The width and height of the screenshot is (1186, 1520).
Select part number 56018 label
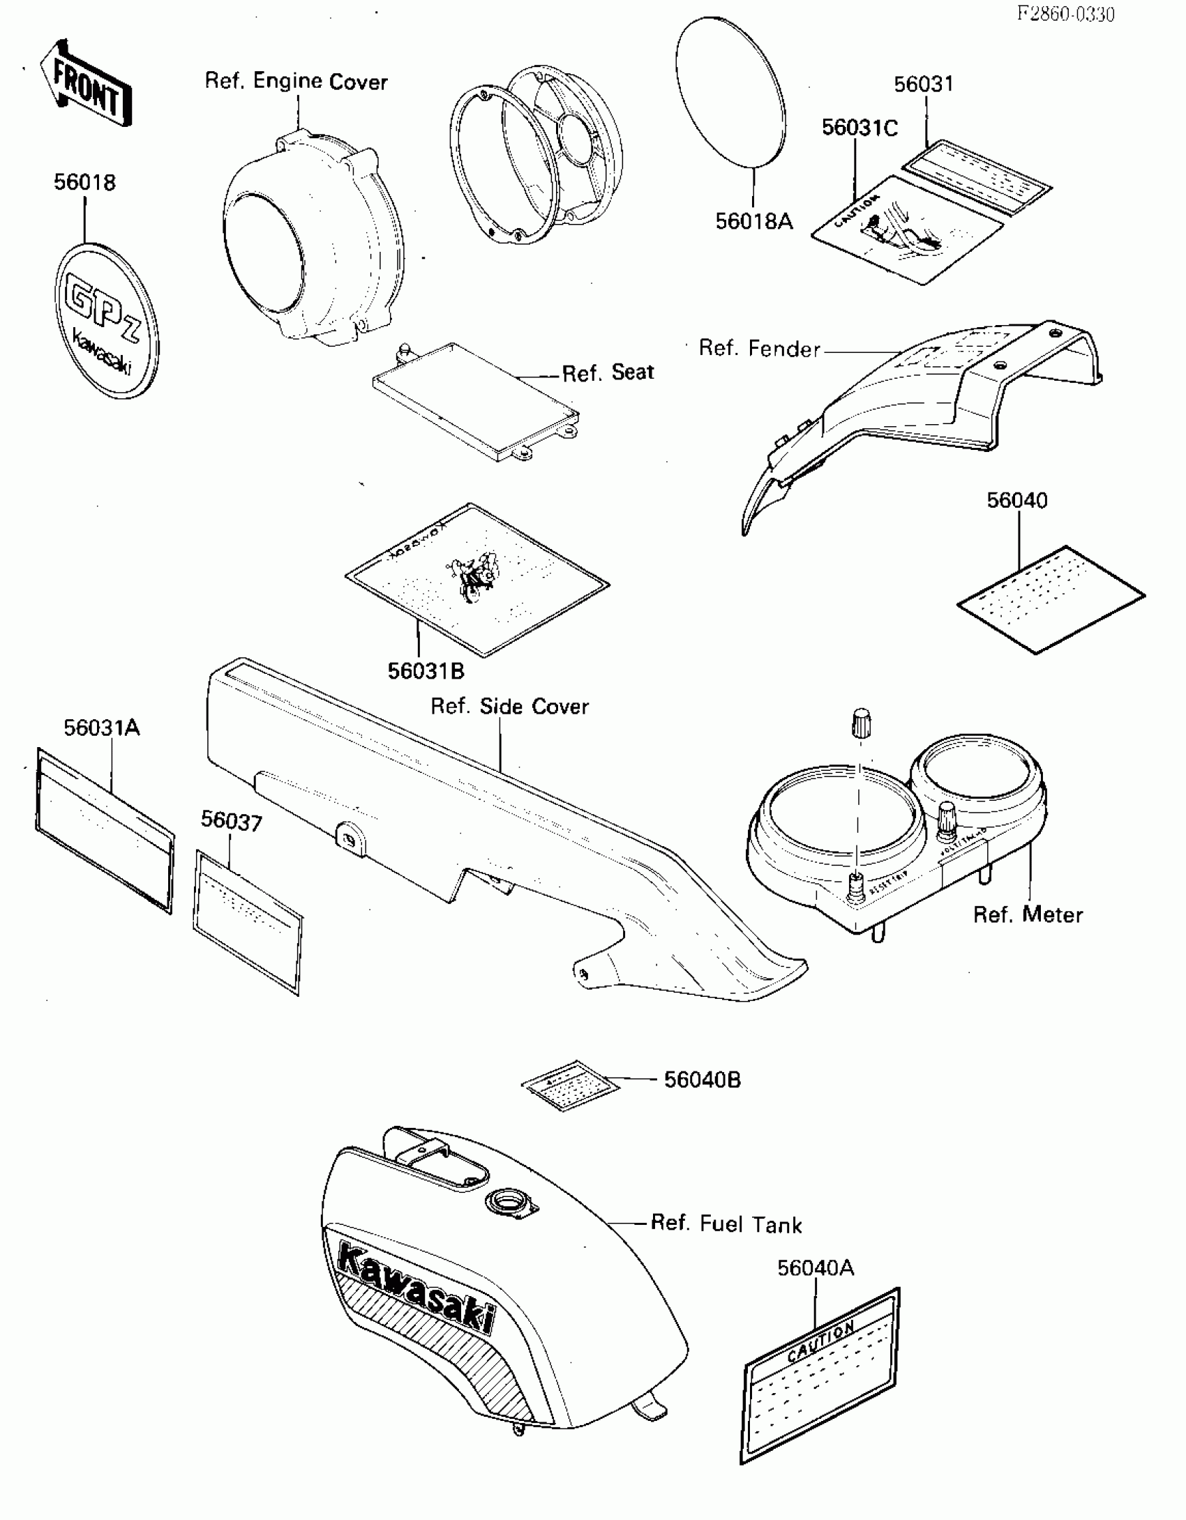[x=84, y=183]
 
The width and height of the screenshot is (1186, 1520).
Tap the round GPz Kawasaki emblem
[x=106, y=321]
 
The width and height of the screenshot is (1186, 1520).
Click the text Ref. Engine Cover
[x=296, y=82]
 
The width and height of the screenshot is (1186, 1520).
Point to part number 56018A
[x=754, y=222]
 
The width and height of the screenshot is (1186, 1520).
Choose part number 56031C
[x=860, y=128]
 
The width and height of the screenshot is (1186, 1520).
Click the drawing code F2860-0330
[x=1065, y=14]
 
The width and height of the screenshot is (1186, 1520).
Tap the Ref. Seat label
[x=608, y=373]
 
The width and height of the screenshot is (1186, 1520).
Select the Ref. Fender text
[x=759, y=349]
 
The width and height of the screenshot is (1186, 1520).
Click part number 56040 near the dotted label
[x=1016, y=501]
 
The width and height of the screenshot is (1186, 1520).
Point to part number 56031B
[x=426, y=671]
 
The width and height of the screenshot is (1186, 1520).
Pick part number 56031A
[x=102, y=728]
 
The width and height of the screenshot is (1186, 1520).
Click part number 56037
[x=232, y=821]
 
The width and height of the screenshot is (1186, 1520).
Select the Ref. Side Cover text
[x=509, y=707]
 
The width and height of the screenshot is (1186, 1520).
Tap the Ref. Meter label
[x=1028, y=915]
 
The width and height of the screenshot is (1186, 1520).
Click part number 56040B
[x=702, y=1080]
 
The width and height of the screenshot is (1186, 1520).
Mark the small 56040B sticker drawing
[x=570, y=1085]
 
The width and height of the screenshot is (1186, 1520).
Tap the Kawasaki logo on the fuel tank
[x=416, y=1288]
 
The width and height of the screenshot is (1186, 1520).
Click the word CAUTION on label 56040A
[x=820, y=1341]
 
